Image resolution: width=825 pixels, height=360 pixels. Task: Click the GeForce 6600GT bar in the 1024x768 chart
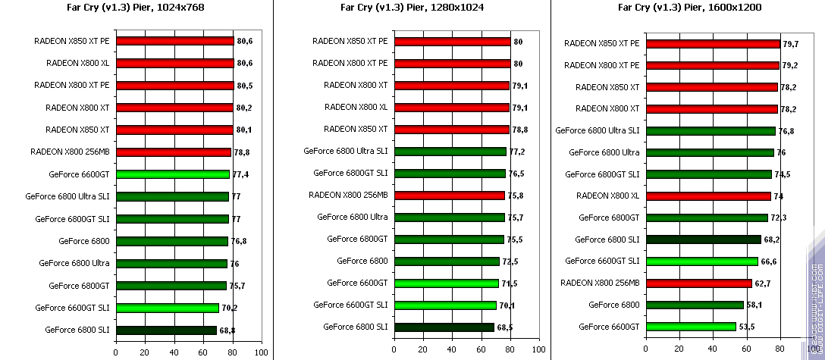[x=172, y=174]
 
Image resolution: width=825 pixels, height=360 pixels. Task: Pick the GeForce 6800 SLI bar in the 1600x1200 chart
[x=702, y=239]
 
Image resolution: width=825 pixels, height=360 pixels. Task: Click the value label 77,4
[x=241, y=174]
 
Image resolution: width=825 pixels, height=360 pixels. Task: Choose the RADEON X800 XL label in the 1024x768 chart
[x=78, y=64]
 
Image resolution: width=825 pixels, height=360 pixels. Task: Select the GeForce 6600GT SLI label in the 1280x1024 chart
[x=351, y=305]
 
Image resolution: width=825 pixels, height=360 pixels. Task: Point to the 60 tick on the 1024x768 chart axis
[x=203, y=352]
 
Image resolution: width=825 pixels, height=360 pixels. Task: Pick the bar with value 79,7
[x=711, y=43]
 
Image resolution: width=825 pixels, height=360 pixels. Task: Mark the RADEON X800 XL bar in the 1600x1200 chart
[x=707, y=196]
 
